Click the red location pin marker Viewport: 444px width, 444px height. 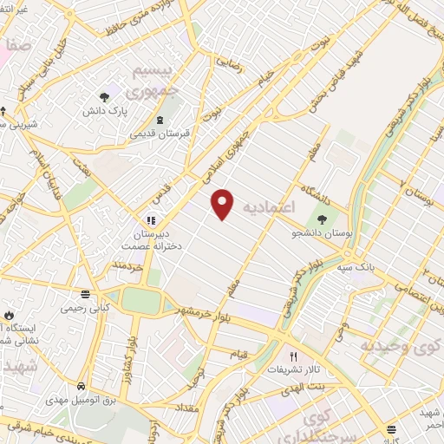point(224,203)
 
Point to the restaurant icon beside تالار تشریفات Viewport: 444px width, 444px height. point(293,356)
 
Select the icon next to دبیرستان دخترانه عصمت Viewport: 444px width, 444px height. point(151,221)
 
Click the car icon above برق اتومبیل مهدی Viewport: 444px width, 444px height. point(80,384)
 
